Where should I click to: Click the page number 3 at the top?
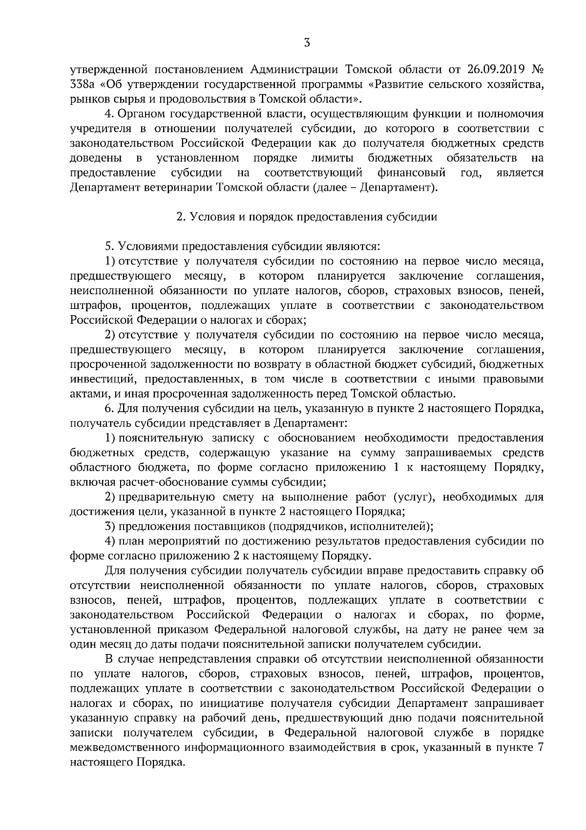click(x=306, y=43)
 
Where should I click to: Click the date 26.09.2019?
click(x=494, y=69)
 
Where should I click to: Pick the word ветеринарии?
click(x=179, y=188)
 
